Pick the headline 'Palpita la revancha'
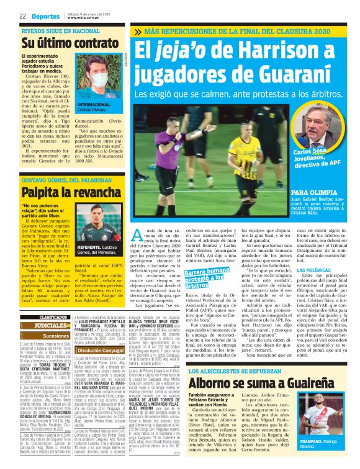65,194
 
